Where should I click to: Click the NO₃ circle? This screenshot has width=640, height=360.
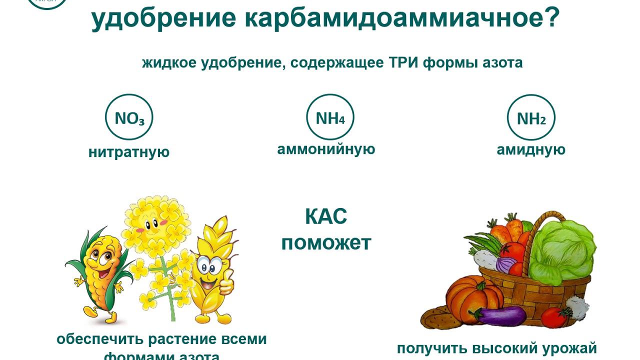click(x=129, y=118)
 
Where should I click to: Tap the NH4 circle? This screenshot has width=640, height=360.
click(x=330, y=117)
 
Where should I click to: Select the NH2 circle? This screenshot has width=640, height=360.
click(x=531, y=118)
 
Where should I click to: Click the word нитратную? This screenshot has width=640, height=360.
click(x=129, y=152)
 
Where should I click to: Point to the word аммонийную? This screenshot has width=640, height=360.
click(x=326, y=149)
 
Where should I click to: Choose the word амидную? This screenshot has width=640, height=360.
click(x=531, y=149)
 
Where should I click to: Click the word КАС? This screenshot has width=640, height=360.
click(x=326, y=217)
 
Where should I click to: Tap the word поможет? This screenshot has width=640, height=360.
click(x=326, y=243)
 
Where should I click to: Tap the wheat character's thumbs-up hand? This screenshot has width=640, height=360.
click(x=225, y=285)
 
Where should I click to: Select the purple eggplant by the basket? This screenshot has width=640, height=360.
click(x=500, y=315)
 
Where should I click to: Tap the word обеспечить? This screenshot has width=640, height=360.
click(x=88, y=339)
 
